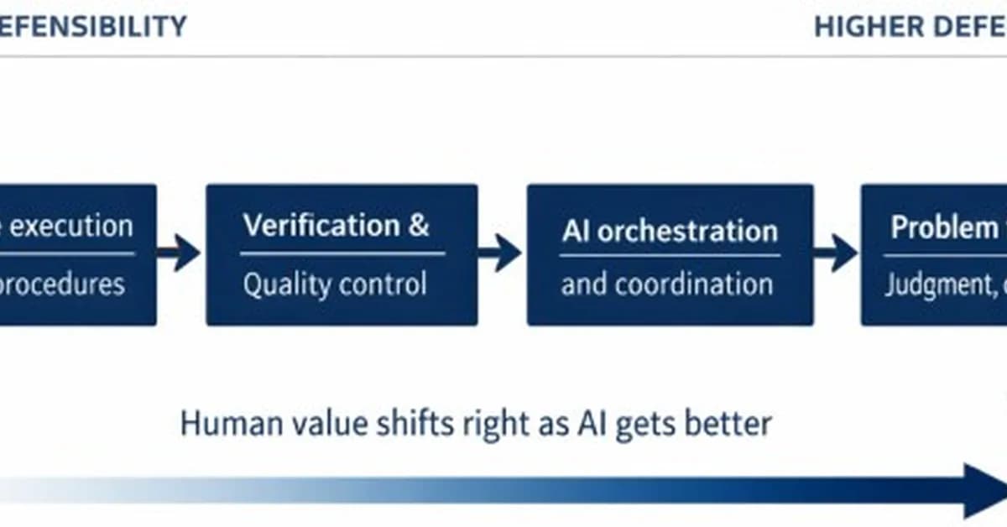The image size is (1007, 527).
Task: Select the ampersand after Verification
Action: coord(419,226)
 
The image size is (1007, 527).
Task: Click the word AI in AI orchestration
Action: coord(576,231)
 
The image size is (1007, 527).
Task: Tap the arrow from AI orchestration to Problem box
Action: coord(836,253)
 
